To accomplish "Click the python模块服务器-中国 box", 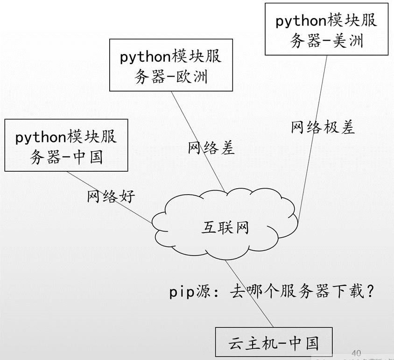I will click(x=66, y=145).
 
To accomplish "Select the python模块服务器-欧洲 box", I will click(x=171, y=65).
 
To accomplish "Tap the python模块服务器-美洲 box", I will click(x=326, y=29).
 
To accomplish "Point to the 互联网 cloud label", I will click(x=225, y=227).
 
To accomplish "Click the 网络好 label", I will click(x=111, y=197).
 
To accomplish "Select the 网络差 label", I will click(x=211, y=148).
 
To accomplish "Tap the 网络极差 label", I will click(x=323, y=127).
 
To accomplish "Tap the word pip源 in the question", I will click(x=188, y=293).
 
